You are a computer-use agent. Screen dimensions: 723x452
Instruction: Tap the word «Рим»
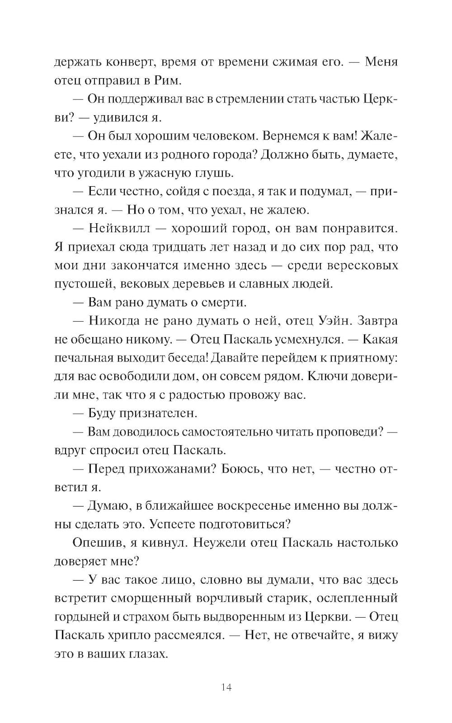[x=170, y=81]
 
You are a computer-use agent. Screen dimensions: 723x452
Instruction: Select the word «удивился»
[x=121, y=118]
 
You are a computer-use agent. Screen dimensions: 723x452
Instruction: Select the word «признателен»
[x=159, y=413]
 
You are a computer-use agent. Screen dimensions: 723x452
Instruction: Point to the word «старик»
[x=281, y=598]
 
